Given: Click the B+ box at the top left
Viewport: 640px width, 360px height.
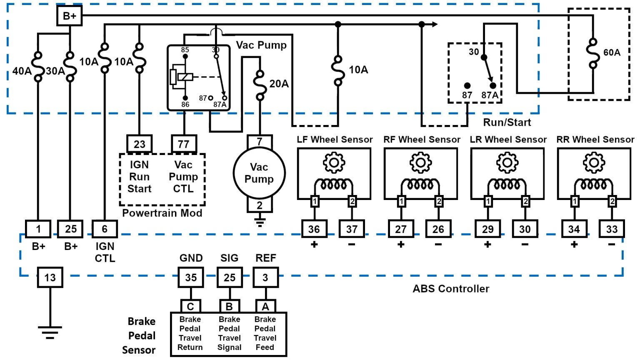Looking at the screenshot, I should tap(69, 16).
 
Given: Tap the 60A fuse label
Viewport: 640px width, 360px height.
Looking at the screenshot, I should tap(612, 52).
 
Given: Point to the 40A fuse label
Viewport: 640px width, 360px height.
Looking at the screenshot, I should tap(22, 71).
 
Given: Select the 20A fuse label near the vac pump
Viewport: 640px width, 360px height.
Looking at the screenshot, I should tap(279, 84).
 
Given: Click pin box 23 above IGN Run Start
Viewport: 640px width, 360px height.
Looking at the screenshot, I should tap(139, 144).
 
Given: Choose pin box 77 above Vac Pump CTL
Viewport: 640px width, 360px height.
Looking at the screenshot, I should tap(183, 144).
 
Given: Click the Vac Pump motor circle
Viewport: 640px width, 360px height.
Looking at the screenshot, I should tap(259, 173).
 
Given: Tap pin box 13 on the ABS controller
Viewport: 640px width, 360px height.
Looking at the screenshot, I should tap(50, 277).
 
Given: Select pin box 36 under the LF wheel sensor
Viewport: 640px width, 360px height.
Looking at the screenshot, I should tap(314, 229).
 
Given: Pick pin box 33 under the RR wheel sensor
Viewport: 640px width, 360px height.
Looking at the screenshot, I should tap(612, 229).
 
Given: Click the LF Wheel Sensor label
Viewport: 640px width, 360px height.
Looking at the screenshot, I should tap(335, 140).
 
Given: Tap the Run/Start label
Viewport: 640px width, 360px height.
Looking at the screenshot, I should tap(507, 122).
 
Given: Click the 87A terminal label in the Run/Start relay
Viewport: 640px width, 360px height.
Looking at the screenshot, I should tap(490, 95).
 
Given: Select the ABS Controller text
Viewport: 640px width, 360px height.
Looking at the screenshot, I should tap(451, 288).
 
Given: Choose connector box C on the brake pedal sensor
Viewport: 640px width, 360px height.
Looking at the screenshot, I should tap(190, 307).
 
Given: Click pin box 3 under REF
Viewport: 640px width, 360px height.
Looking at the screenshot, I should tap(265, 277).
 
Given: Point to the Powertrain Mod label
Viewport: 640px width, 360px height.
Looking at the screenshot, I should tap(162, 213).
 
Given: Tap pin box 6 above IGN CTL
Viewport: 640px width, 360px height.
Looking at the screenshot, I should tap(105, 229).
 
